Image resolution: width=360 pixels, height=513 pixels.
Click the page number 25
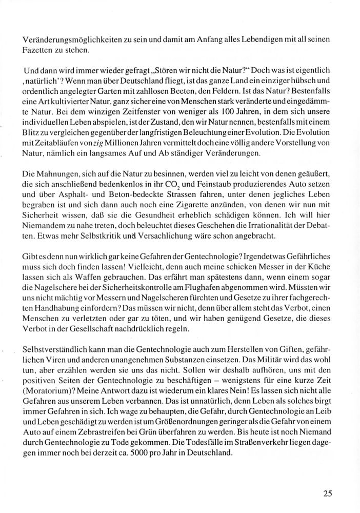(x=328, y=494)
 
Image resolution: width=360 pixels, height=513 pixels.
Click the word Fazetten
(x=37, y=50)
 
